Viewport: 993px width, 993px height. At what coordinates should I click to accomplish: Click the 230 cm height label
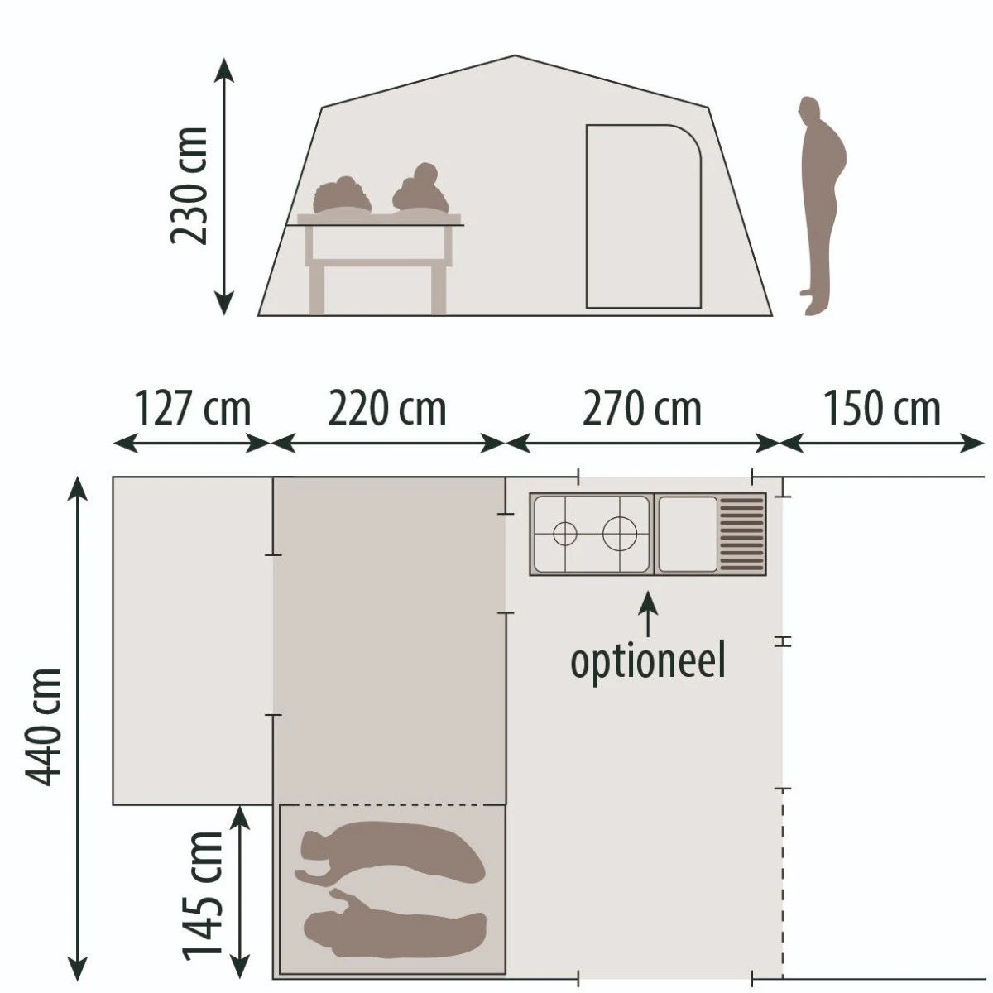pyautogui.click(x=188, y=186)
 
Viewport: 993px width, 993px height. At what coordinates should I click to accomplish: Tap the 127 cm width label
pyautogui.click(x=192, y=410)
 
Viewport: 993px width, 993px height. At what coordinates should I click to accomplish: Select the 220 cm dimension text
pyautogui.click(x=387, y=410)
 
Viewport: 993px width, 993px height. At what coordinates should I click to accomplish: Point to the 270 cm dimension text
pyautogui.click(x=642, y=410)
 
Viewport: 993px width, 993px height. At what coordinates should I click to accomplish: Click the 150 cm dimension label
pyautogui.click(x=881, y=410)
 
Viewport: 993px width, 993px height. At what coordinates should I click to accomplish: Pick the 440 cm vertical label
pyautogui.click(x=43, y=727)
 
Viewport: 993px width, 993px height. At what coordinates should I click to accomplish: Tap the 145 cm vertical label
pyautogui.click(x=204, y=894)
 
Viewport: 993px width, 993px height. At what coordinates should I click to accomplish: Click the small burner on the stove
pyautogui.click(x=564, y=535)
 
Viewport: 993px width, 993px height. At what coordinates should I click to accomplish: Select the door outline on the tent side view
pyautogui.click(x=643, y=217)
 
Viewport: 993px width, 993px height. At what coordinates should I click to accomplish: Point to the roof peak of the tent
pyautogui.click(x=515, y=57)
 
